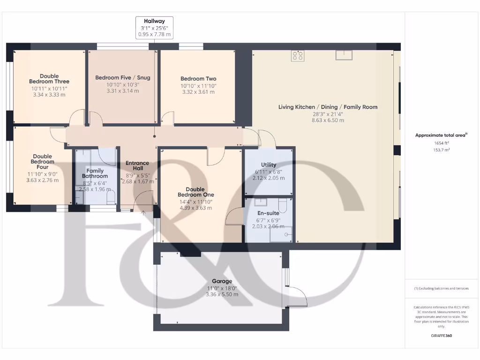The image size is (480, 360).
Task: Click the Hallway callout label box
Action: coord(154,28)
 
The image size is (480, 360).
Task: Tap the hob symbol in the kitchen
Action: coord(298,56)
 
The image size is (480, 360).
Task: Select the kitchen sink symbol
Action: coord(344,55)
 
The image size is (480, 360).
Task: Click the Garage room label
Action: coord(222,281)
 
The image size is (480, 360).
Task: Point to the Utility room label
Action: coord(269,165)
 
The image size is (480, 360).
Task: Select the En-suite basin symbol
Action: coord(262,202)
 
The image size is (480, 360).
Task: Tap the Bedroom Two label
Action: coord(198,79)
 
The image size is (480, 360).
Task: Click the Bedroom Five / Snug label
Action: coord(123,77)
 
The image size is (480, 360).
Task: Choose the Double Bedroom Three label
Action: coord(49,79)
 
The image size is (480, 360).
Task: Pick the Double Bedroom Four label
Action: coord(42,162)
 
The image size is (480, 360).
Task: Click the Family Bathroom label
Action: coord(95,173)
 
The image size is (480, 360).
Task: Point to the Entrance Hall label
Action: coord(137,166)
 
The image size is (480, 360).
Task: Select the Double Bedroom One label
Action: coord(195,192)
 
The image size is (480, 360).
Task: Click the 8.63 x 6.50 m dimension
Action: coord(328,120)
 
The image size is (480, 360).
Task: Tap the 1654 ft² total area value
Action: coord(441,143)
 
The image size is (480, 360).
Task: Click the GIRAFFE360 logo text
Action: coord(441,336)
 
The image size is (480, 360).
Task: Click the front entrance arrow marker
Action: coord(143,213)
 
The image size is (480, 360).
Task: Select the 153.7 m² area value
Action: coord(441,150)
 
